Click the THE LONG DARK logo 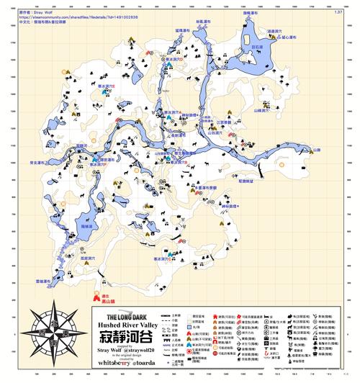tap(127, 315)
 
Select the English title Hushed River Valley tap(127, 325)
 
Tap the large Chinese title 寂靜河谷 tap(127, 335)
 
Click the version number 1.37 tap(338, 12)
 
